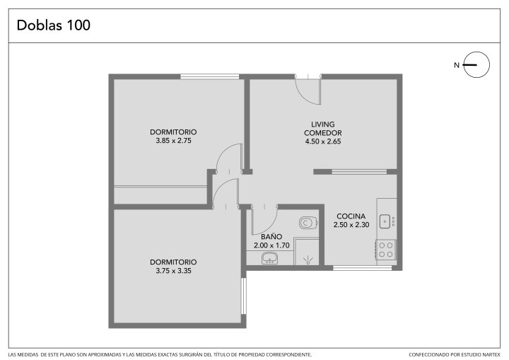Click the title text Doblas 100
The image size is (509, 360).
point(54,25)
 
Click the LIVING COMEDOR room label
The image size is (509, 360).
point(322,129)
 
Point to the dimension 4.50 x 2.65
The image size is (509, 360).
point(323,141)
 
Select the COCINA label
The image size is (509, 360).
point(351,216)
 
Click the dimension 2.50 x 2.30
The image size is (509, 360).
point(351,224)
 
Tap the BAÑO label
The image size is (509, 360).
point(271,236)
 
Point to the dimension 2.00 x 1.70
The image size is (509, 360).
point(271,245)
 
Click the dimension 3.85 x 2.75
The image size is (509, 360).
point(173,141)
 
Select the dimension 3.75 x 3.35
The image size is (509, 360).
point(173,271)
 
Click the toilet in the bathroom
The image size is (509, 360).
point(308,223)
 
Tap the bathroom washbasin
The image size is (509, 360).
point(270,258)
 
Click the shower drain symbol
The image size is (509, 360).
point(307,260)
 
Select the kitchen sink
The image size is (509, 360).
point(386,221)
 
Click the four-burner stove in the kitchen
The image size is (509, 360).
point(386,249)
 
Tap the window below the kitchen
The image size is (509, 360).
point(362,268)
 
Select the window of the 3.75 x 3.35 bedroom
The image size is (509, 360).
point(244,296)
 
